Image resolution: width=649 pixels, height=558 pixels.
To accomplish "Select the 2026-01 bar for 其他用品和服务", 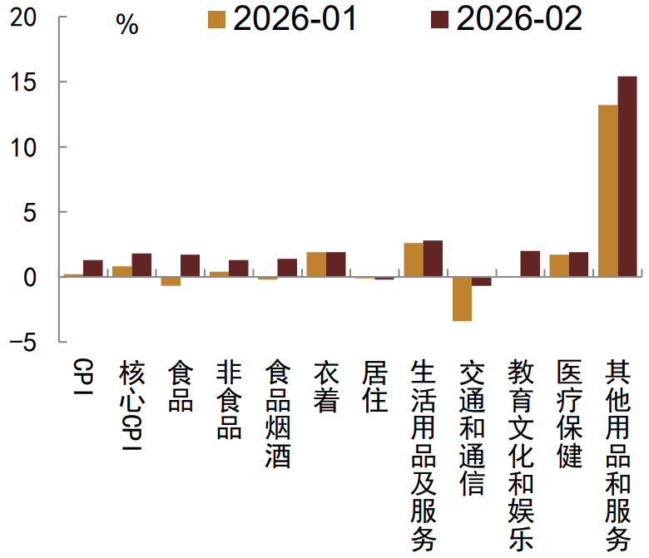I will (607, 190).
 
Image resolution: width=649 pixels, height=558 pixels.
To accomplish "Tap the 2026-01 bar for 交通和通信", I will (462, 299).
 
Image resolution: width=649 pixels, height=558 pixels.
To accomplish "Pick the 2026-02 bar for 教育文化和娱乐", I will (530, 264).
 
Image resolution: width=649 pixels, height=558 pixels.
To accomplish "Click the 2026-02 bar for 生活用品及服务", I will (433, 259).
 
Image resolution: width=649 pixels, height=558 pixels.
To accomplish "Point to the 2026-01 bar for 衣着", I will (316, 264).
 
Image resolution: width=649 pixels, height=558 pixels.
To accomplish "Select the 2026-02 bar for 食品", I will (190, 265).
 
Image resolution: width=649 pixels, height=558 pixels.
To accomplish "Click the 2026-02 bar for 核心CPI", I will (141, 265).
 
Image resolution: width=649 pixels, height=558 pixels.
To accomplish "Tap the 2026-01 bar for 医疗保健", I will (559, 266).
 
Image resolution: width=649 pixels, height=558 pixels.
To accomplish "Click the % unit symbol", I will (127, 26).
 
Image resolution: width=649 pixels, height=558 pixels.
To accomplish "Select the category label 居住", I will (375, 387).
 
